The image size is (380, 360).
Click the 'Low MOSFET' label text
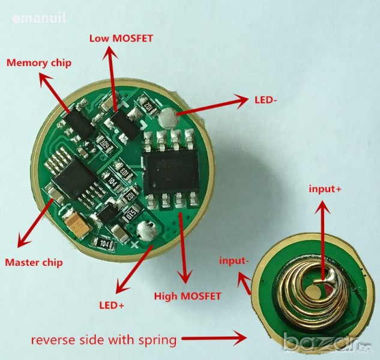pyautogui.click(x=121, y=38)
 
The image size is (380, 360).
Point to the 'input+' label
pyautogui.click(x=325, y=190)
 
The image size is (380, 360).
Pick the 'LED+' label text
pyautogui.click(x=111, y=305)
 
